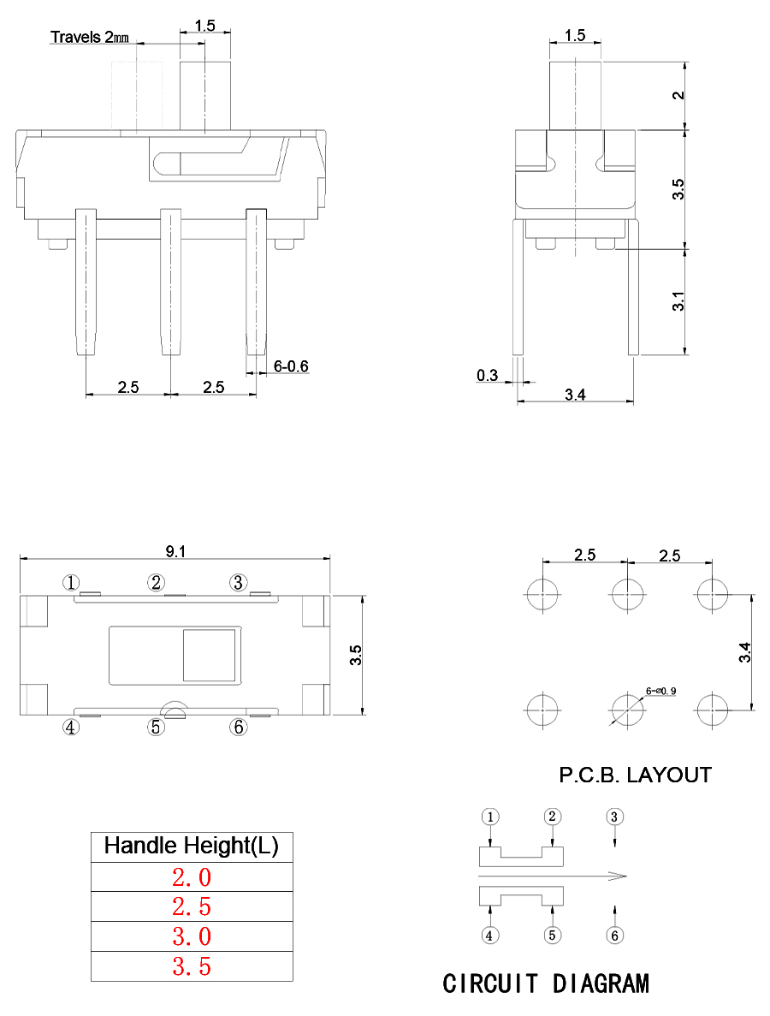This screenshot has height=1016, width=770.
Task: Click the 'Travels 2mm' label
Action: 90,37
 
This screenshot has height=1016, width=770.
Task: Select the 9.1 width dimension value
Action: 175,552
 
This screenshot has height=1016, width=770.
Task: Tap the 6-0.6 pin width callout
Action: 291,366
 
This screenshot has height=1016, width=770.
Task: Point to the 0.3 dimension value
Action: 488,376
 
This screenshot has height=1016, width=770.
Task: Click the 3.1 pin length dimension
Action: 678,301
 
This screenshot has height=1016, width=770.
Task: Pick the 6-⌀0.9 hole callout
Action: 660,690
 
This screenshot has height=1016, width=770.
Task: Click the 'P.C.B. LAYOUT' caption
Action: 635,775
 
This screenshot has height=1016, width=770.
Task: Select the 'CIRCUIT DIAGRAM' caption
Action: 545,983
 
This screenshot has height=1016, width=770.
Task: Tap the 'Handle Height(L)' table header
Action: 191,847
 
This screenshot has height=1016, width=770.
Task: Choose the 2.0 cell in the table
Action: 191,877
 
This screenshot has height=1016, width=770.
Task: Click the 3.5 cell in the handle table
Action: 191,966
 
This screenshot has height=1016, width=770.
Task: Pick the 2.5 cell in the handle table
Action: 191,906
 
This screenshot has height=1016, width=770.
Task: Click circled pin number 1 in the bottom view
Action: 71,583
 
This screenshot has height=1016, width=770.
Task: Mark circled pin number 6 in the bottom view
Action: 239,728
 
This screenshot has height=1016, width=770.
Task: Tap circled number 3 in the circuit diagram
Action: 614,816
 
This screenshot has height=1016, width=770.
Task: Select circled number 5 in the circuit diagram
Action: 552,936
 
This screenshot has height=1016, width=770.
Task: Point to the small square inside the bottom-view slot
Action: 209,656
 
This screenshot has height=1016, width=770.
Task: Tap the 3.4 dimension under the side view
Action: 575,395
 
